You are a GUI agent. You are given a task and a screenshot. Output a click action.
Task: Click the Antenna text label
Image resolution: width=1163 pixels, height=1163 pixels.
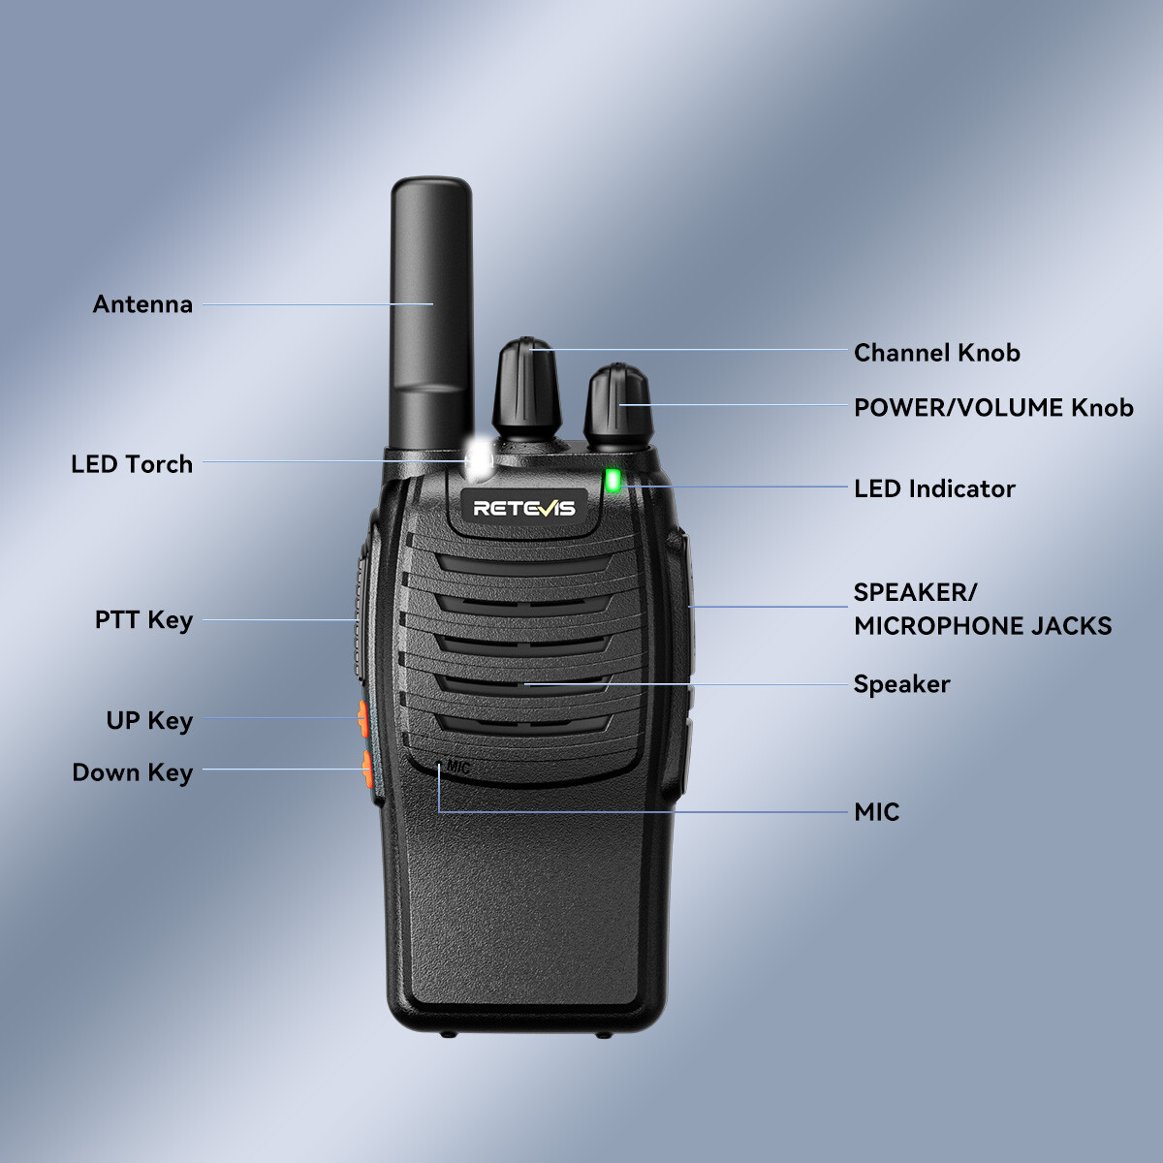coord(142,304)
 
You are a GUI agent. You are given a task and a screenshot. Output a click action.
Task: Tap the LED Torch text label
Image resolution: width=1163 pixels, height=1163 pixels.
coord(132,464)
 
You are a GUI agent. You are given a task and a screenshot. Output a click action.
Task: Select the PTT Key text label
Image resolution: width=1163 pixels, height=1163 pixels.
coord(143,620)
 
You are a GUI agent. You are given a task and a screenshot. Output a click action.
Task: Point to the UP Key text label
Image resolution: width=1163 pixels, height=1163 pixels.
coord(149,721)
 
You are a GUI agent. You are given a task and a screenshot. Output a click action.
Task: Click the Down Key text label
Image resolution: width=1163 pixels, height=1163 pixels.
coord(132,772)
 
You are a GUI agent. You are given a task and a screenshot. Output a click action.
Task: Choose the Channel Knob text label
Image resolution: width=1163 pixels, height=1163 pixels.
coord(936,353)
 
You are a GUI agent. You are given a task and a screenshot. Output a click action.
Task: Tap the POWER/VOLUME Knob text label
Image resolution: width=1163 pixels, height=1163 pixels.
coord(993,407)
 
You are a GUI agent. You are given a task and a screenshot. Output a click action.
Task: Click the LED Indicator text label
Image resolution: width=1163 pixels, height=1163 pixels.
coord(934,488)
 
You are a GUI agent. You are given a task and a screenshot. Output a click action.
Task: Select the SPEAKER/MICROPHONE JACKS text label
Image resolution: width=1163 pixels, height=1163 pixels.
coord(982,609)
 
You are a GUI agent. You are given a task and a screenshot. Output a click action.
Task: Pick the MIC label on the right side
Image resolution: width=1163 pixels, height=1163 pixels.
coord(876,812)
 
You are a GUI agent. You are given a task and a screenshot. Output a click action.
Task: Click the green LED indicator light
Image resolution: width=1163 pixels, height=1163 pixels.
coord(613,479)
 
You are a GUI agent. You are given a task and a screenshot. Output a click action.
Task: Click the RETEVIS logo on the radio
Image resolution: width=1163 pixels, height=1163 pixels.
coord(523,508)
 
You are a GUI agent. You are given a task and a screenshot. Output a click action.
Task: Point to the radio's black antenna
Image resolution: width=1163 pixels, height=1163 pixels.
coord(430,310)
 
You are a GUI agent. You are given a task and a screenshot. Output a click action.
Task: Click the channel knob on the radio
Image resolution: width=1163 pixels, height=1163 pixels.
coord(526,388)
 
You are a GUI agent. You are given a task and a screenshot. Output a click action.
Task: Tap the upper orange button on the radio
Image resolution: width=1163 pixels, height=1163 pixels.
coord(363,719)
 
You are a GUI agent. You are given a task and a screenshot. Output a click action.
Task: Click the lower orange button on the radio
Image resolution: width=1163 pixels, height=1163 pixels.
coord(367,769)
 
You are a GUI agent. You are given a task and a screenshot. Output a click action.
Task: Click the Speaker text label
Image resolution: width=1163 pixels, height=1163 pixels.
coord(901,684)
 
